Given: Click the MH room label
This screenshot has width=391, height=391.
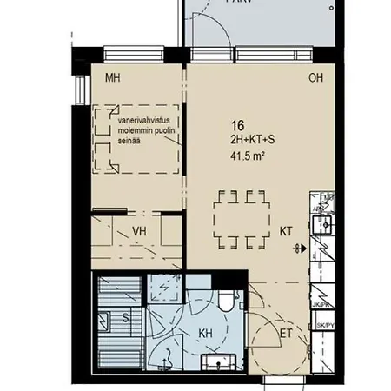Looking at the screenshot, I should pos(111,79).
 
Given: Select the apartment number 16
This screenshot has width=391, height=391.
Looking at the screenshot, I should pos(235,125).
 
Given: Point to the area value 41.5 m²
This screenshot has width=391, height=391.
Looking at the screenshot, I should pos(247,156).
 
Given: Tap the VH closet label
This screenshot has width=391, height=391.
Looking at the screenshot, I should pos(139,231).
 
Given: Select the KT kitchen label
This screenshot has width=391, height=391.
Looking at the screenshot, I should pos(287,231).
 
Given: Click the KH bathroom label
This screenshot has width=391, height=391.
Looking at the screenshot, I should pos(207,334).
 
